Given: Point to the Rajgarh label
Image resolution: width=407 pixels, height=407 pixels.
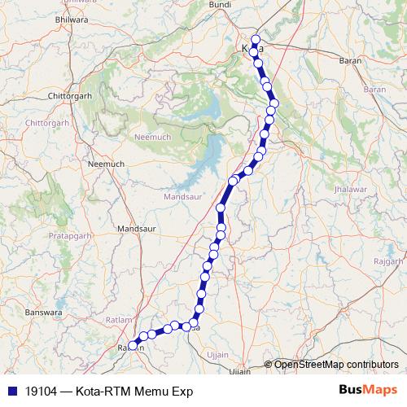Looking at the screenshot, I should point(387,261).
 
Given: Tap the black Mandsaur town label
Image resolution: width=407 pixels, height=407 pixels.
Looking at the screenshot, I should point(136,229).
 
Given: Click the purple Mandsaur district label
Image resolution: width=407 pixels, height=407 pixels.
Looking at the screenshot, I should point(182,197).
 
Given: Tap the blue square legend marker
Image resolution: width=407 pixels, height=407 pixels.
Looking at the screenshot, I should point(11,391).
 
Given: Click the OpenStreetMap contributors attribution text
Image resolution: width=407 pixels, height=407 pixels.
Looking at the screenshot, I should point(336,365).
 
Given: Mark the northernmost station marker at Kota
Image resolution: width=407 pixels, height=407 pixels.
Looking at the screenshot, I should point(256,39).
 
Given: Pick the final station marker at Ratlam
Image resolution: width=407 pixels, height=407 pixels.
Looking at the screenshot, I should point(133,346).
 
